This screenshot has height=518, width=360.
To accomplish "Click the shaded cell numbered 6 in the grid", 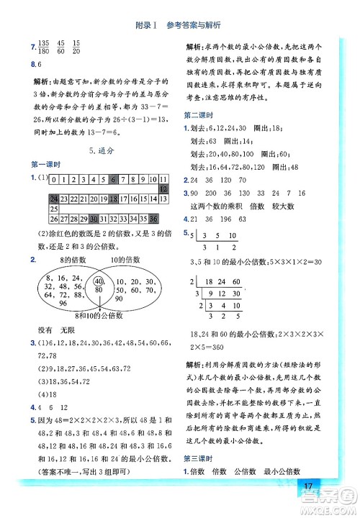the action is click(114, 179).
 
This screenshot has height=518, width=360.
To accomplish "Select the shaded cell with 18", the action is click(104, 199).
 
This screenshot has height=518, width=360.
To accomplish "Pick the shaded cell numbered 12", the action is click(163, 189).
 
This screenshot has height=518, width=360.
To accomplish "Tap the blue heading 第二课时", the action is click(198, 114).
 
